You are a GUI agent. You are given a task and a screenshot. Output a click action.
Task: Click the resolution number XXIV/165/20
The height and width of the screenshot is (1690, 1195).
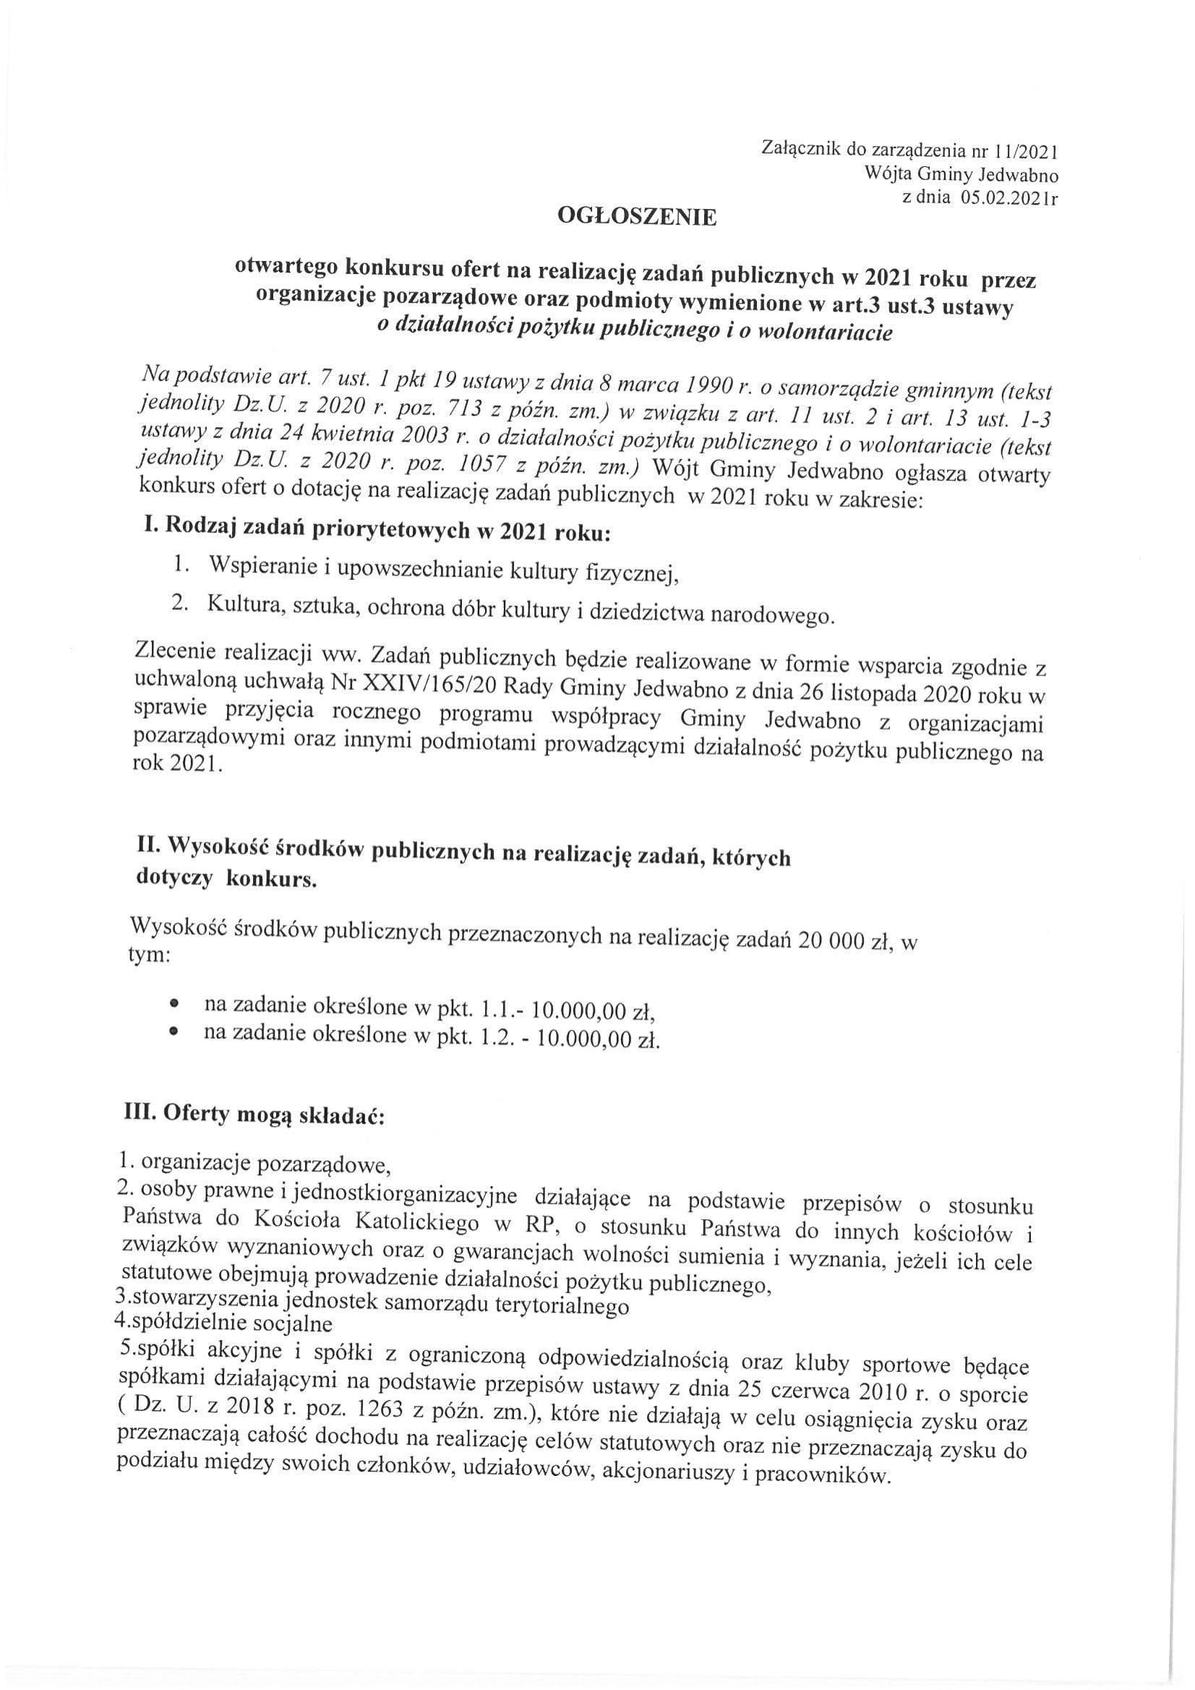(421, 685)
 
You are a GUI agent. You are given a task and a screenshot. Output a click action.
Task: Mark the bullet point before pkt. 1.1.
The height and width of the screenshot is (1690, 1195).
(174, 1003)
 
